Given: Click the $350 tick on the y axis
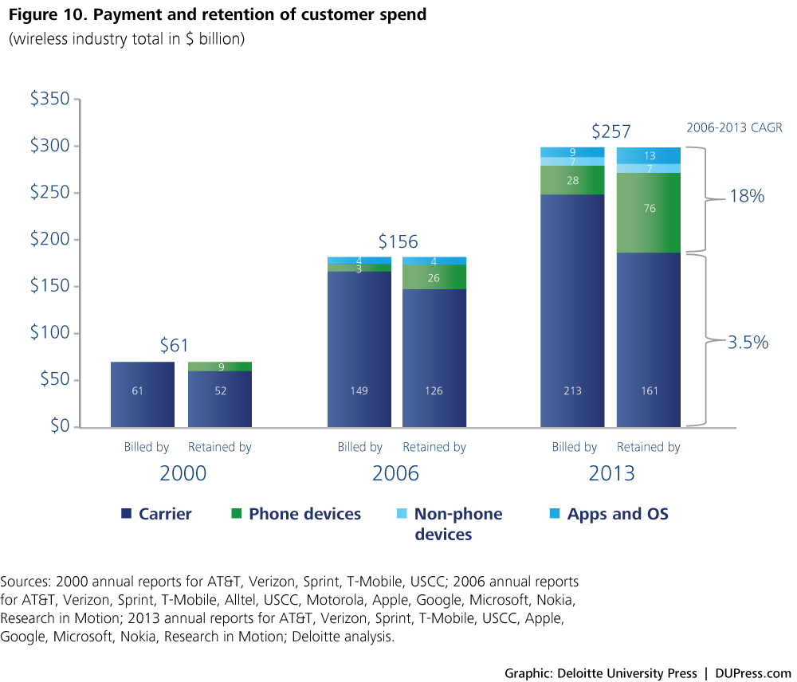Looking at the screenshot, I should click(x=49, y=100).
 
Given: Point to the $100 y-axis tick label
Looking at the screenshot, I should click(x=49, y=333).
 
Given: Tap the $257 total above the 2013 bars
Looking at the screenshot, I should click(x=611, y=131).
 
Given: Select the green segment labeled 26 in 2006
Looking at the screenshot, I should click(x=434, y=277).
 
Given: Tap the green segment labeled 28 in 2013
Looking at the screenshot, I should click(x=571, y=180).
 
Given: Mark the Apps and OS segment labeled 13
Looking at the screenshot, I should click(x=648, y=155).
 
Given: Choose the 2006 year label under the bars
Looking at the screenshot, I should click(x=395, y=474).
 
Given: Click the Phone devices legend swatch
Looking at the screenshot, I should click(x=236, y=515).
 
